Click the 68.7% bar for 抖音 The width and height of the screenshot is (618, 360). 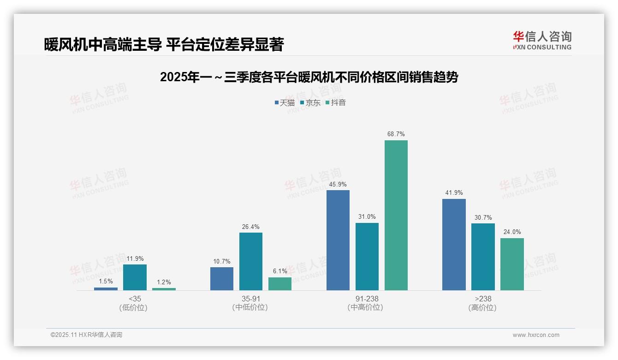396,215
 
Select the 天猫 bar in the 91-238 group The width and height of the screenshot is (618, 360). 338,240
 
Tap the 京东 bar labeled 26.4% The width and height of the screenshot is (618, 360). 250,261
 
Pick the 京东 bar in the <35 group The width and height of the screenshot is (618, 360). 135,277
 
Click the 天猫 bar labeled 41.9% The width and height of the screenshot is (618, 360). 454,245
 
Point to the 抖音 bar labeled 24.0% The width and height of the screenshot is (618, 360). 512,264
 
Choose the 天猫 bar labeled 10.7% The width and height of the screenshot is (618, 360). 221,279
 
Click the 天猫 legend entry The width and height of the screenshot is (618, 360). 285,102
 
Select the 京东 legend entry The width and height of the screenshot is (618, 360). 310,102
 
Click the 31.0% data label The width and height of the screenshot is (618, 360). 367,217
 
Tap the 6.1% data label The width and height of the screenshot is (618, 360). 279,271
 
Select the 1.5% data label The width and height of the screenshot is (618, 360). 106,282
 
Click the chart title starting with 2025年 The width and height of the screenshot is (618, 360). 309,78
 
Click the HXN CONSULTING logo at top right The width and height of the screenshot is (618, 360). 542,40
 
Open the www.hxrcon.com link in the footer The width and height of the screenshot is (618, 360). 535,335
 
